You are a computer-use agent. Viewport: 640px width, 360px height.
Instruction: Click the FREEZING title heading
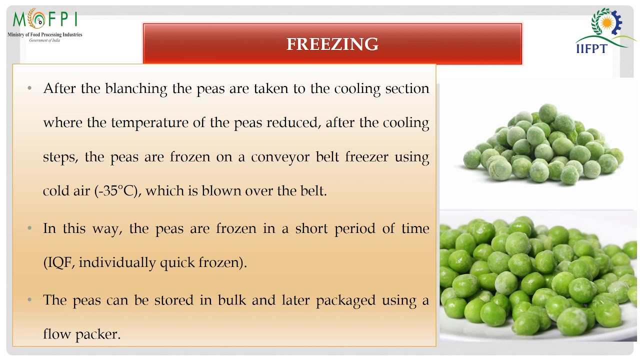(332, 44)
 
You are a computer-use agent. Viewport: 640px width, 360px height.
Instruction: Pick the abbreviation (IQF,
(59, 262)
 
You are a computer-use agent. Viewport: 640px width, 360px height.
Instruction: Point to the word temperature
(150, 123)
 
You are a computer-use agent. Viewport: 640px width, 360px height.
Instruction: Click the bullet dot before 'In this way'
(30, 228)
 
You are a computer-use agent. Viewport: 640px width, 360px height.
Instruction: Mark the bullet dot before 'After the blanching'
(30, 88)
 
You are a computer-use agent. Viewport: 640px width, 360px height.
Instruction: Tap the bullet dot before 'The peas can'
(30, 300)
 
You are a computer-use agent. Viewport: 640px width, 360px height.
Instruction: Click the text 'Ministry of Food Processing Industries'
(44, 34)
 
